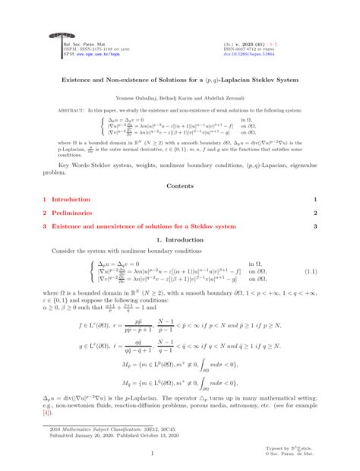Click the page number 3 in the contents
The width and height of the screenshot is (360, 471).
pos(314,226)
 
